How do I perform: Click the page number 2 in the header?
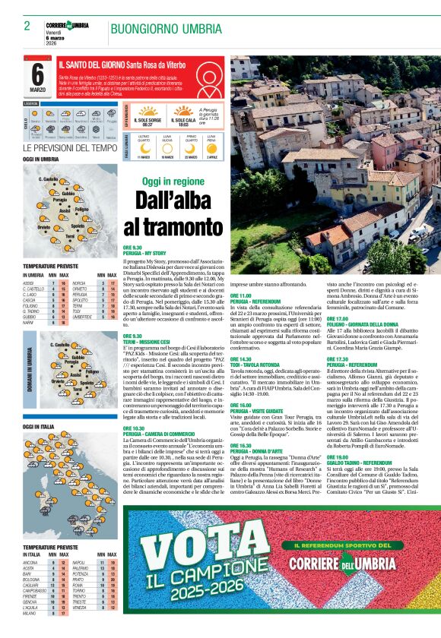click(x=27, y=26)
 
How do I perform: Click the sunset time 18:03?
click(x=183, y=125)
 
